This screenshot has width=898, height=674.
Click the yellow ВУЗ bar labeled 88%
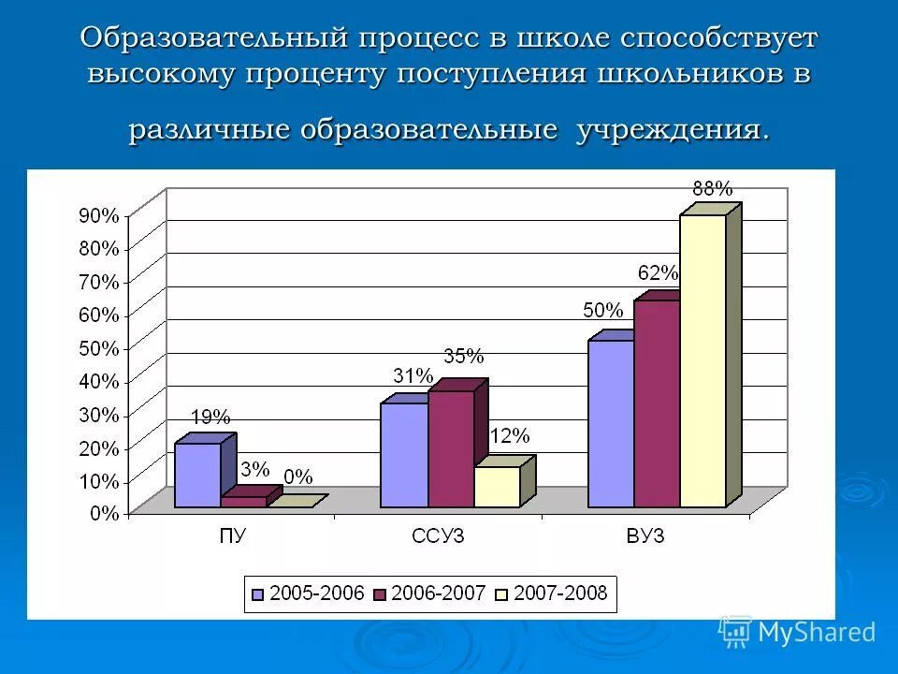coord(702,360)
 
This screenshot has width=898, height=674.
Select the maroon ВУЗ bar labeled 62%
coord(657,403)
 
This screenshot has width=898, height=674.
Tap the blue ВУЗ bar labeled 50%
coord(611,423)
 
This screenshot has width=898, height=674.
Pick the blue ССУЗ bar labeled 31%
coord(404,455)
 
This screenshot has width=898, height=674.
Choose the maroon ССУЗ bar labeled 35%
coord(451,448)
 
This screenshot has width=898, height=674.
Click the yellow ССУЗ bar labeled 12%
coord(497,487)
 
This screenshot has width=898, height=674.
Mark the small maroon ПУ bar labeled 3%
coord(243,502)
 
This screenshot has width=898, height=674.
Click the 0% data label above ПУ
coord(297,476)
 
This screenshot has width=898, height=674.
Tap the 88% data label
coord(712,188)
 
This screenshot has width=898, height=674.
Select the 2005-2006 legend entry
coord(308,593)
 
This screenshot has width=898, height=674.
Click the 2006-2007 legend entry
coord(429,593)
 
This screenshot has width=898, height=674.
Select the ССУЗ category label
coord(438,536)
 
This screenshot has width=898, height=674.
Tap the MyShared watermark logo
coord(797,632)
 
